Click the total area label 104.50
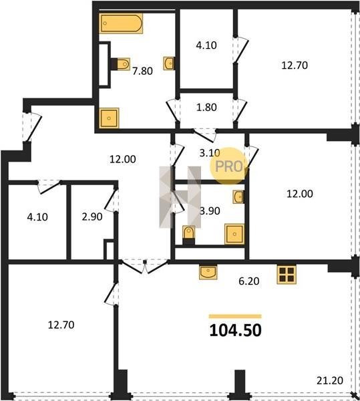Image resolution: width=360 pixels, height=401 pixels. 235,330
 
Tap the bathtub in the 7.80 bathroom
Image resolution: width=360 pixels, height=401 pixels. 121,23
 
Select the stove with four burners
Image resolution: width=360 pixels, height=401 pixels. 287,275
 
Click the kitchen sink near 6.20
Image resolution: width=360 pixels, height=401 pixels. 208,272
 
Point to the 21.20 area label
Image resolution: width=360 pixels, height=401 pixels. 329,380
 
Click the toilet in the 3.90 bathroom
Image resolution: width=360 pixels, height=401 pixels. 189,235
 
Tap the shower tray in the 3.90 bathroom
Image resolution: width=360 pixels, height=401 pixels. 234,234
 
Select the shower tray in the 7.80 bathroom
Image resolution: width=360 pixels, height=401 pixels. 109,118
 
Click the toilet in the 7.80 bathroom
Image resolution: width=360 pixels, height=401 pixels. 121,63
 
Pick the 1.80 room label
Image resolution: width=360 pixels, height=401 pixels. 206,107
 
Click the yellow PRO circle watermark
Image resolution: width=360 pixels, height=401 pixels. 229,166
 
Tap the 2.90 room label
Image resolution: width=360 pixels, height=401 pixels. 92,217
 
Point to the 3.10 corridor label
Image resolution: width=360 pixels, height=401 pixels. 210,153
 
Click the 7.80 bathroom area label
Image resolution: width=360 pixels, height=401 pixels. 142,71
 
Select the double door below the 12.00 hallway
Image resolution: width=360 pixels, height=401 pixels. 145,267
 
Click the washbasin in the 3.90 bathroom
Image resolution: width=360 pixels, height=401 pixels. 238,197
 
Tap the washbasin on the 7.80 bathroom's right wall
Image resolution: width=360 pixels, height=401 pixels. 169,63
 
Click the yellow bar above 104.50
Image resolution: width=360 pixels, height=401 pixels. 235,316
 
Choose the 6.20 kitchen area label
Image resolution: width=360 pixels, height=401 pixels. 249,281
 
